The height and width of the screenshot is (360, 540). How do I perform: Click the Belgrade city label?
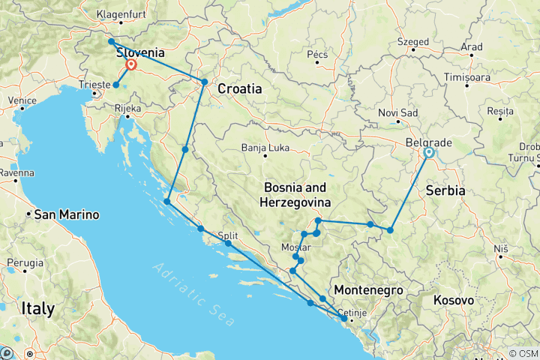pos(427,142)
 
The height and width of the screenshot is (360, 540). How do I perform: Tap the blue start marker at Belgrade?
pos(428,153)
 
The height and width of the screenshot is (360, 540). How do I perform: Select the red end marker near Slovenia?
pos(131,65)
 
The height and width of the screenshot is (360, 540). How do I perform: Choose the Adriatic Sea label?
pos(191,289)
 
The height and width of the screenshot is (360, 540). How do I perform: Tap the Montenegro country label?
pos(368,290)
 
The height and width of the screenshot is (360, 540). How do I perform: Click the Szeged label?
pos(413,41)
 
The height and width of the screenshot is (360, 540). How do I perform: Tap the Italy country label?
pos(37,308)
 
